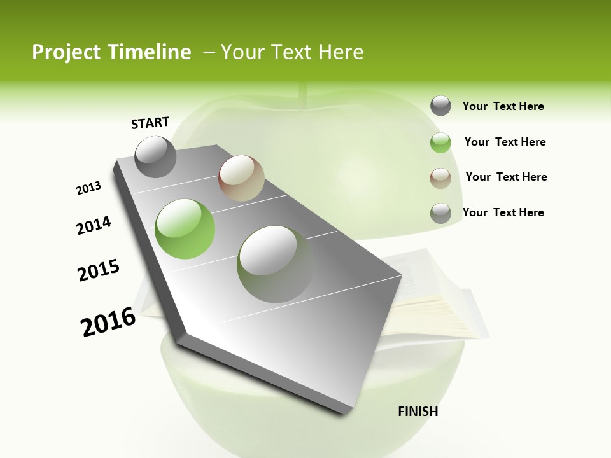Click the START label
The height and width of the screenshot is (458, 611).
point(150,123)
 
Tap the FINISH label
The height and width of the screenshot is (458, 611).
point(418,412)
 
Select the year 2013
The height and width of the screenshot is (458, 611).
point(88,188)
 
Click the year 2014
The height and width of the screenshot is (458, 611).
point(94,225)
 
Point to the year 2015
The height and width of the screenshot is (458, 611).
point(99,270)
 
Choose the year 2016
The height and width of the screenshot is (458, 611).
point(108,321)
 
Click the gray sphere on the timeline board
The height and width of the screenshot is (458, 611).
point(155,156)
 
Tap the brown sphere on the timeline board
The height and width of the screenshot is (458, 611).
point(241,178)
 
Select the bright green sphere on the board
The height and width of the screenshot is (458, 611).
point(185,228)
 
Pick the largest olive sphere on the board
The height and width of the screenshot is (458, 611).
point(275,263)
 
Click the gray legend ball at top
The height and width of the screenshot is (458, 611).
point(440,106)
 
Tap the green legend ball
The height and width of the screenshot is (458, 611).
point(440,142)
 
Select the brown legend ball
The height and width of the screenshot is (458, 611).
point(440,177)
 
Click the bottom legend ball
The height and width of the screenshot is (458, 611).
point(440,213)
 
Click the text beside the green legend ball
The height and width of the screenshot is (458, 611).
point(505,142)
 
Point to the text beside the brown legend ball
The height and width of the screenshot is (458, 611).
point(506,177)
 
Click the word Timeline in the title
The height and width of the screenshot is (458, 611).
point(144,52)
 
